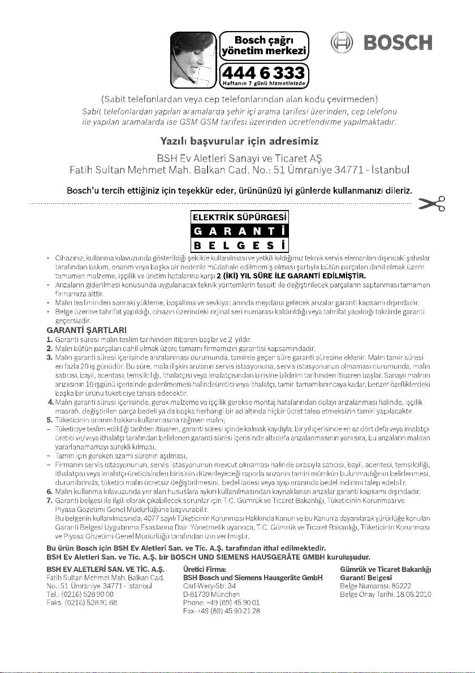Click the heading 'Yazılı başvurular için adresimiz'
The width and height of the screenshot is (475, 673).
[x=237, y=140]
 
